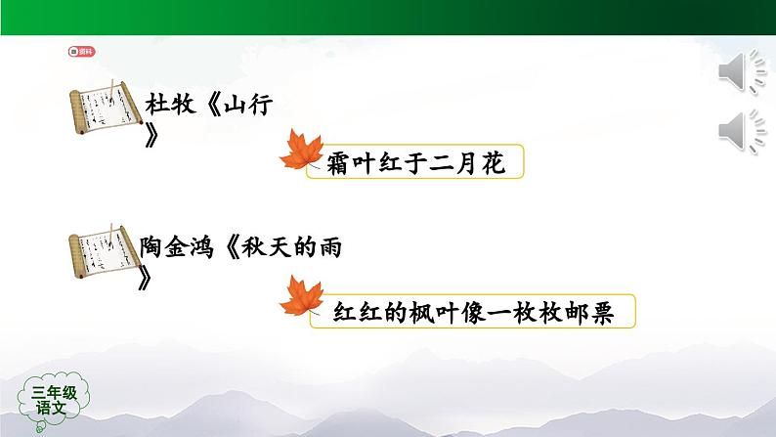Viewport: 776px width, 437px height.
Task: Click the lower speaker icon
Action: (x=742, y=133)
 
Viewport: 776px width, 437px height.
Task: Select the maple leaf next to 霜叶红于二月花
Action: (x=301, y=153)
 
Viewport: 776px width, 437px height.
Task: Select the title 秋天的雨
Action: (x=291, y=248)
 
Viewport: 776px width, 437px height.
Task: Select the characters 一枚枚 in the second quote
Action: (x=528, y=312)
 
